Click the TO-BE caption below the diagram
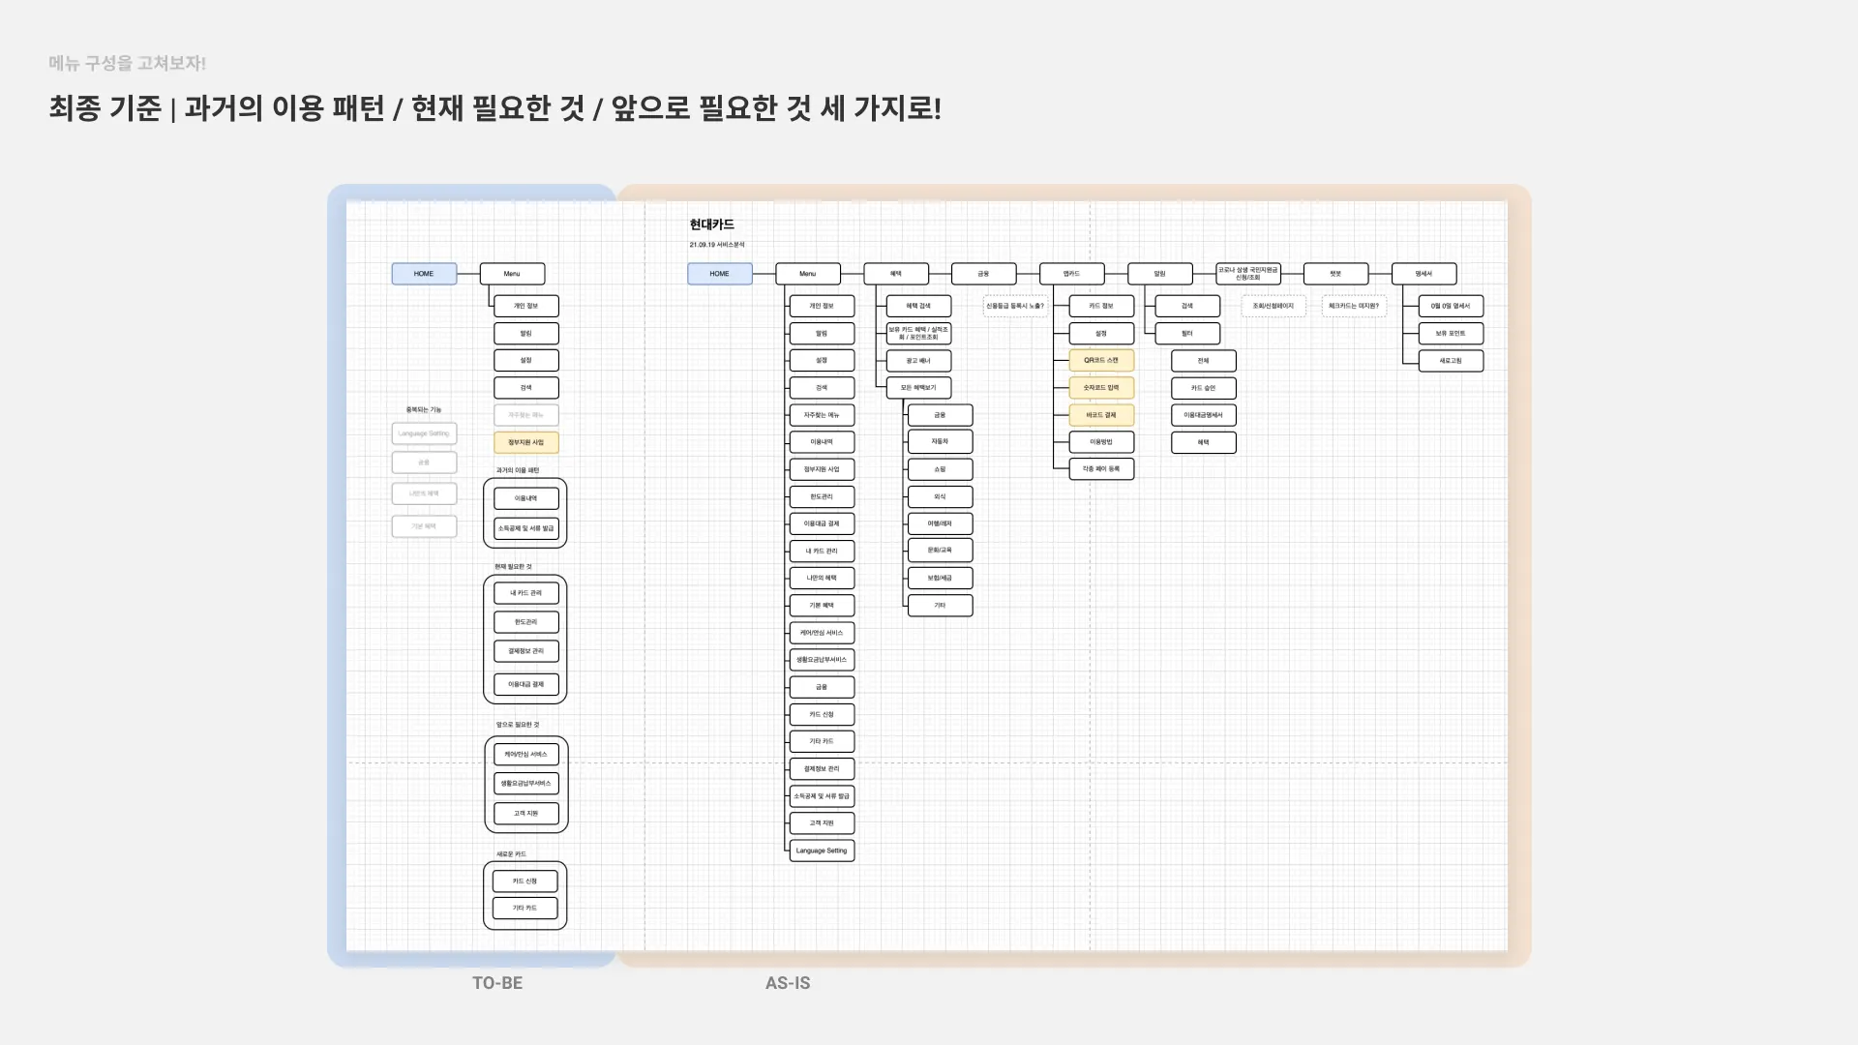[x=497, y=983]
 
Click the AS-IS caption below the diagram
[x=788, y=983]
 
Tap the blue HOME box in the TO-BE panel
[x=424, y=274]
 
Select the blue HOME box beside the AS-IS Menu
[x=719, y=274]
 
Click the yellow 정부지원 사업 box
[x=525, y=442]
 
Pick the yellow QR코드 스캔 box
[x=1101, y=360]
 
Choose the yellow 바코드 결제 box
[x=1101, y=415]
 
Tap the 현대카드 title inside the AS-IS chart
[x=712, y=224]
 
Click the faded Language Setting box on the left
[x=424, y=433]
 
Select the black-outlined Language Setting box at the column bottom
[x=822, y=851]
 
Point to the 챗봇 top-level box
[x=1335, y=274]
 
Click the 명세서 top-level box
[x=1423, y=274]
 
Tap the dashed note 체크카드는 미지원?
[x=1354, y=306]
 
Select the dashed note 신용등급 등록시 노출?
[x=1015, y=306]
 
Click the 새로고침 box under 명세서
[x=1451, y=361]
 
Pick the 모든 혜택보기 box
[x=918, y=388]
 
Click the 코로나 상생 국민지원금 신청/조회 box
[x=1248, y=274]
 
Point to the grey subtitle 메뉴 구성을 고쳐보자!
[x=128, y=63]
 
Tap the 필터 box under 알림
[x=1187, y=334]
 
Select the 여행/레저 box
[x=940, y=523]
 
